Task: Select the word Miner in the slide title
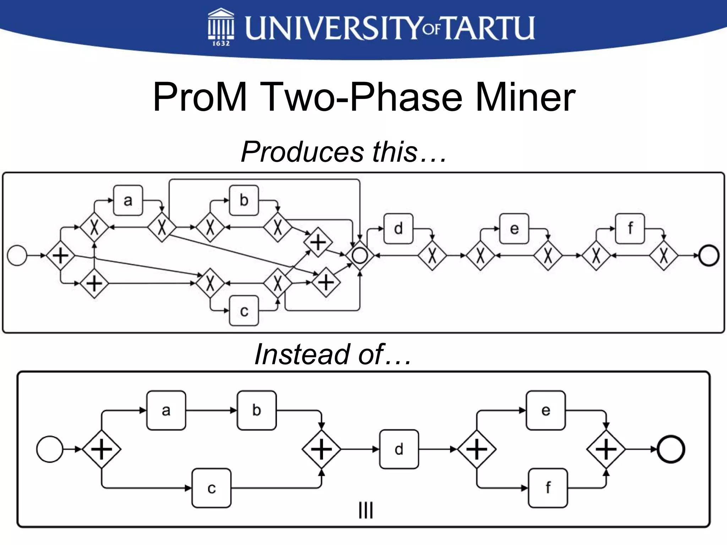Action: pyautogui.click(x=525, y=97)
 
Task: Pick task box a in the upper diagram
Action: pyautogui.click(x=128, y=200)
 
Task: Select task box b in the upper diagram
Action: pyautogui.click(x=244, y=200)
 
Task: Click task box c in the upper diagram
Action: pyautogui.click(x=244, y=311)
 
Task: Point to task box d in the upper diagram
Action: pyautogui.click(x=399, y=229)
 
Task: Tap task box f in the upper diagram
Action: pyautogui.click(x=630, y=229)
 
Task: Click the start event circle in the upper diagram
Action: pyautogui.click(x=17, y=255)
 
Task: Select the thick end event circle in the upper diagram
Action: pyautogui.click(x=709, y=255)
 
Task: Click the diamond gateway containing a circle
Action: pyautogui.click(x=360, y=255)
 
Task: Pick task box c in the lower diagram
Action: pyautogui.click(x=212, y=488)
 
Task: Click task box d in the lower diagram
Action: pyautogui.click(x=399, y=450)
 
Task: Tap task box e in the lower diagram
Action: pyautogui.click(x=546, y=411)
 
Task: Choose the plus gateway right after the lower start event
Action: pyautogui.click(x=102, y=450)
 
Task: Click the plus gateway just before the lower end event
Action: pyautogui.click(x=606, y=450)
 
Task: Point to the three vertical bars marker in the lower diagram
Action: pyautogui.click(x=366, y=511)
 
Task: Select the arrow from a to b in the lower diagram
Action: pyautogui.click(x=211, y=411)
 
